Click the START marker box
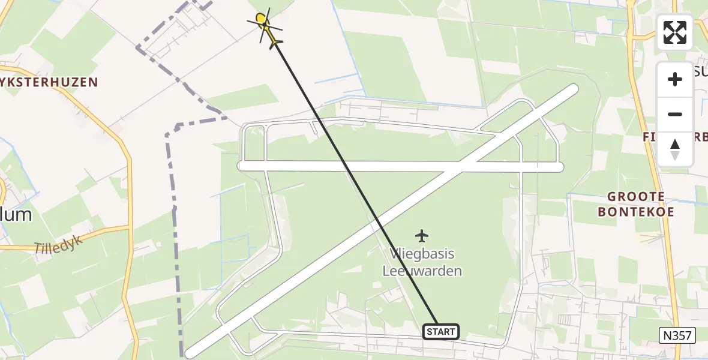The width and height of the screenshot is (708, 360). click(442, 331)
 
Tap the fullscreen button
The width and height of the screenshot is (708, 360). click(675, 32)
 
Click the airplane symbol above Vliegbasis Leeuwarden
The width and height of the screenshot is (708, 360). click(422, 235)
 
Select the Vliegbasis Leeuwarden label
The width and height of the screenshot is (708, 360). click(422, 263)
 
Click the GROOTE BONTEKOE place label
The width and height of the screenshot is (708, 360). click(636, 204)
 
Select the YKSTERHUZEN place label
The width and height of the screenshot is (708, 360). click(49, 82)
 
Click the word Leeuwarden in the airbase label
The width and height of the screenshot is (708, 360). click(422, 271)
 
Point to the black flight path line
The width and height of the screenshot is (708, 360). click(354, 180)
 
